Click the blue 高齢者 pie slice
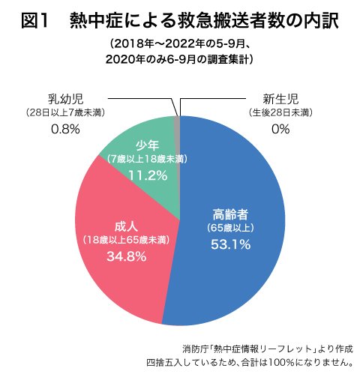[x=240, y=277]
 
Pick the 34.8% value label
[x=124, y=257]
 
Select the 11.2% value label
[x=147, y=175]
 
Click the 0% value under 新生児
[x=280, y=129]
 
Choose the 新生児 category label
[x=280, y=97]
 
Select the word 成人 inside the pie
[x=125, y=226]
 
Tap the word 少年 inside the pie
[x=147, y=145]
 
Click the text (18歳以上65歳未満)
[x=125, y=241]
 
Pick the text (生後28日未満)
[x=280, y=112]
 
